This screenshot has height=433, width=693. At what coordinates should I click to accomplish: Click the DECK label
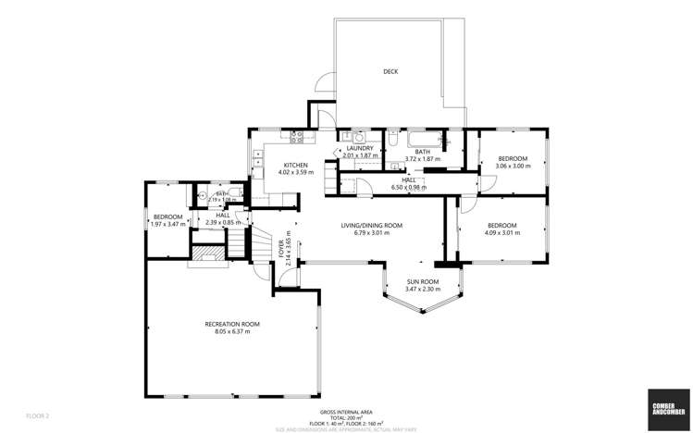(x=390, y=71)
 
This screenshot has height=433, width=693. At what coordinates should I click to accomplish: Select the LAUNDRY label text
(x=359, y=148)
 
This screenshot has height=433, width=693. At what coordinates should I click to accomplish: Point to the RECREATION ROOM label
(x=232, y=323)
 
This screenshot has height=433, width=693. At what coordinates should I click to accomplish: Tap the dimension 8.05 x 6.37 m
(x=232, y=331)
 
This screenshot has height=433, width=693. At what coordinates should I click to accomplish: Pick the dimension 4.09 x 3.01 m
(x=502, y=233)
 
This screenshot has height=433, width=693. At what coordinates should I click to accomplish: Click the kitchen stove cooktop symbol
(x=297, y=139)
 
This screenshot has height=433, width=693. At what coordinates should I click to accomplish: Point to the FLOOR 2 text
(x=38, y=415)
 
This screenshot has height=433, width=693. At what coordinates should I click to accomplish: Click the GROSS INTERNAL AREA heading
(x=345, y=411)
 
